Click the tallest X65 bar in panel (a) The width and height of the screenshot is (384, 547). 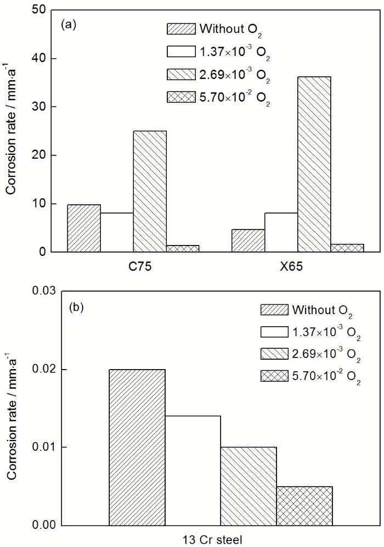[314, 165]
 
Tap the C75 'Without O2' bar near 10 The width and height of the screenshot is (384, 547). [84, 228]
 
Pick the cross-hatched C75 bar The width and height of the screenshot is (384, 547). [183, 248]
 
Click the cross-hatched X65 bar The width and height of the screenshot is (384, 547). [347, 248]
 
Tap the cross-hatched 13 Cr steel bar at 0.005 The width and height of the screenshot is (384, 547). [304, 505]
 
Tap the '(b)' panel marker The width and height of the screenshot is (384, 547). [76, 307]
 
